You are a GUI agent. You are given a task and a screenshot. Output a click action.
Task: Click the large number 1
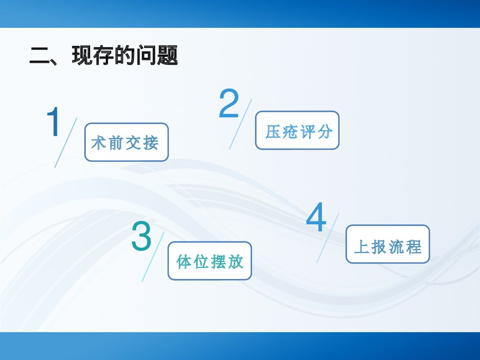[x=53, y=122]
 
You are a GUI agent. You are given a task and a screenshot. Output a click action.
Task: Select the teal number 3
[x=141, y=236]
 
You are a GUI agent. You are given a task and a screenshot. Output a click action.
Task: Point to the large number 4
[x=316, y=218]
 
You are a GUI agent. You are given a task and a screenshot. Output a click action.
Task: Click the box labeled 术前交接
[x=126, y=142]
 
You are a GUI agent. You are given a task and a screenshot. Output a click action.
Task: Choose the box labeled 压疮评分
[x=297, y=131]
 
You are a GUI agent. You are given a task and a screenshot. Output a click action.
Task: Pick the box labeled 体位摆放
[x=209, y=261]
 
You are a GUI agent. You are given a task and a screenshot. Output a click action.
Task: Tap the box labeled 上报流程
[x=387, y=244]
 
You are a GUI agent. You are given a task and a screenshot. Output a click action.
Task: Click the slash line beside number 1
[x=66, y=143]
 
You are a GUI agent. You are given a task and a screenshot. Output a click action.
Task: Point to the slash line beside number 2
[x=240, y=124]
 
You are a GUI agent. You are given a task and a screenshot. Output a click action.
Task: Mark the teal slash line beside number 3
[x=153, y=256]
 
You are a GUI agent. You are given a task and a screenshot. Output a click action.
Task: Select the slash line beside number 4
[x=328, y=238]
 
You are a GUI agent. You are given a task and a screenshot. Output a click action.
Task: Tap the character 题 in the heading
[x=167, y=56]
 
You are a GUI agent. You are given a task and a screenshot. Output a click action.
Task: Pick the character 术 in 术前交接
[x=98, y=143]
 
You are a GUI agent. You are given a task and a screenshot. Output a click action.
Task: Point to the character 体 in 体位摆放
[x=184, y=262]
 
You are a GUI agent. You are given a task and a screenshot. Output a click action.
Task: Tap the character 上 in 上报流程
[x=362, y=246]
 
